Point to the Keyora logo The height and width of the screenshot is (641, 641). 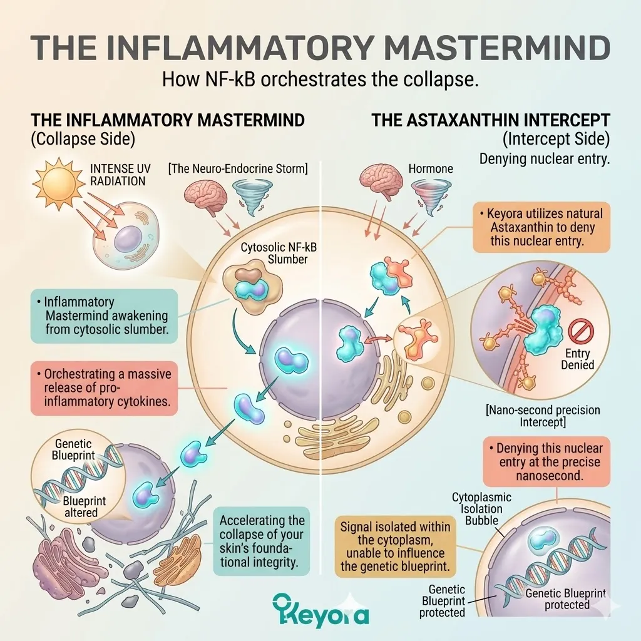tap(320, 610)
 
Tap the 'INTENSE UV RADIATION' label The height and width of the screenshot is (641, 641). tap(118, 175)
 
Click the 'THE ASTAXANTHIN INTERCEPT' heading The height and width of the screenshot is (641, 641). tap(491, 120)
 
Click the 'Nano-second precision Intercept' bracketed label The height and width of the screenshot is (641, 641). tap(542, 417)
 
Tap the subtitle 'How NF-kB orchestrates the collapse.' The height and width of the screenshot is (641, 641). tap(320, 81)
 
